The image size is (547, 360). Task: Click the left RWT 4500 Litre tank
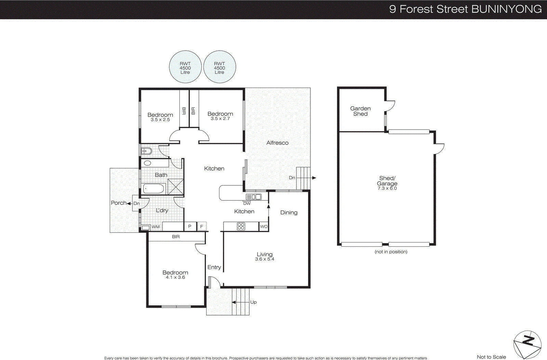185,67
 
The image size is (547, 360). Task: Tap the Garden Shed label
360,111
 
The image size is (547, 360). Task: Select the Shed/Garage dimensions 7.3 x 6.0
387,188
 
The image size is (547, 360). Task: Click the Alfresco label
277,143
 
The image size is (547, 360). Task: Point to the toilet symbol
147,151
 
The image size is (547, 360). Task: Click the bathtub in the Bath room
154,188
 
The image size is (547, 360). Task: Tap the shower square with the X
175,187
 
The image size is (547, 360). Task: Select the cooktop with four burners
241,226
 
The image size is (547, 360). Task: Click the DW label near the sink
247,203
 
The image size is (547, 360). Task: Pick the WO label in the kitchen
264,227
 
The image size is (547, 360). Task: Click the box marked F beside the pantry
202,226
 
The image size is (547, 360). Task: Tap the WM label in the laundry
156,227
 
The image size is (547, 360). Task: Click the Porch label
119,203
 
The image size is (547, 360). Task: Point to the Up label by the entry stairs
253,302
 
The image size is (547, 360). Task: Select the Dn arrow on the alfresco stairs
313,178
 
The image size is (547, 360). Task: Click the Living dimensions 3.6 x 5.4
265,259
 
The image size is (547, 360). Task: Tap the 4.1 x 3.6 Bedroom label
175,277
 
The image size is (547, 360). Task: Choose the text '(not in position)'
391,252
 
